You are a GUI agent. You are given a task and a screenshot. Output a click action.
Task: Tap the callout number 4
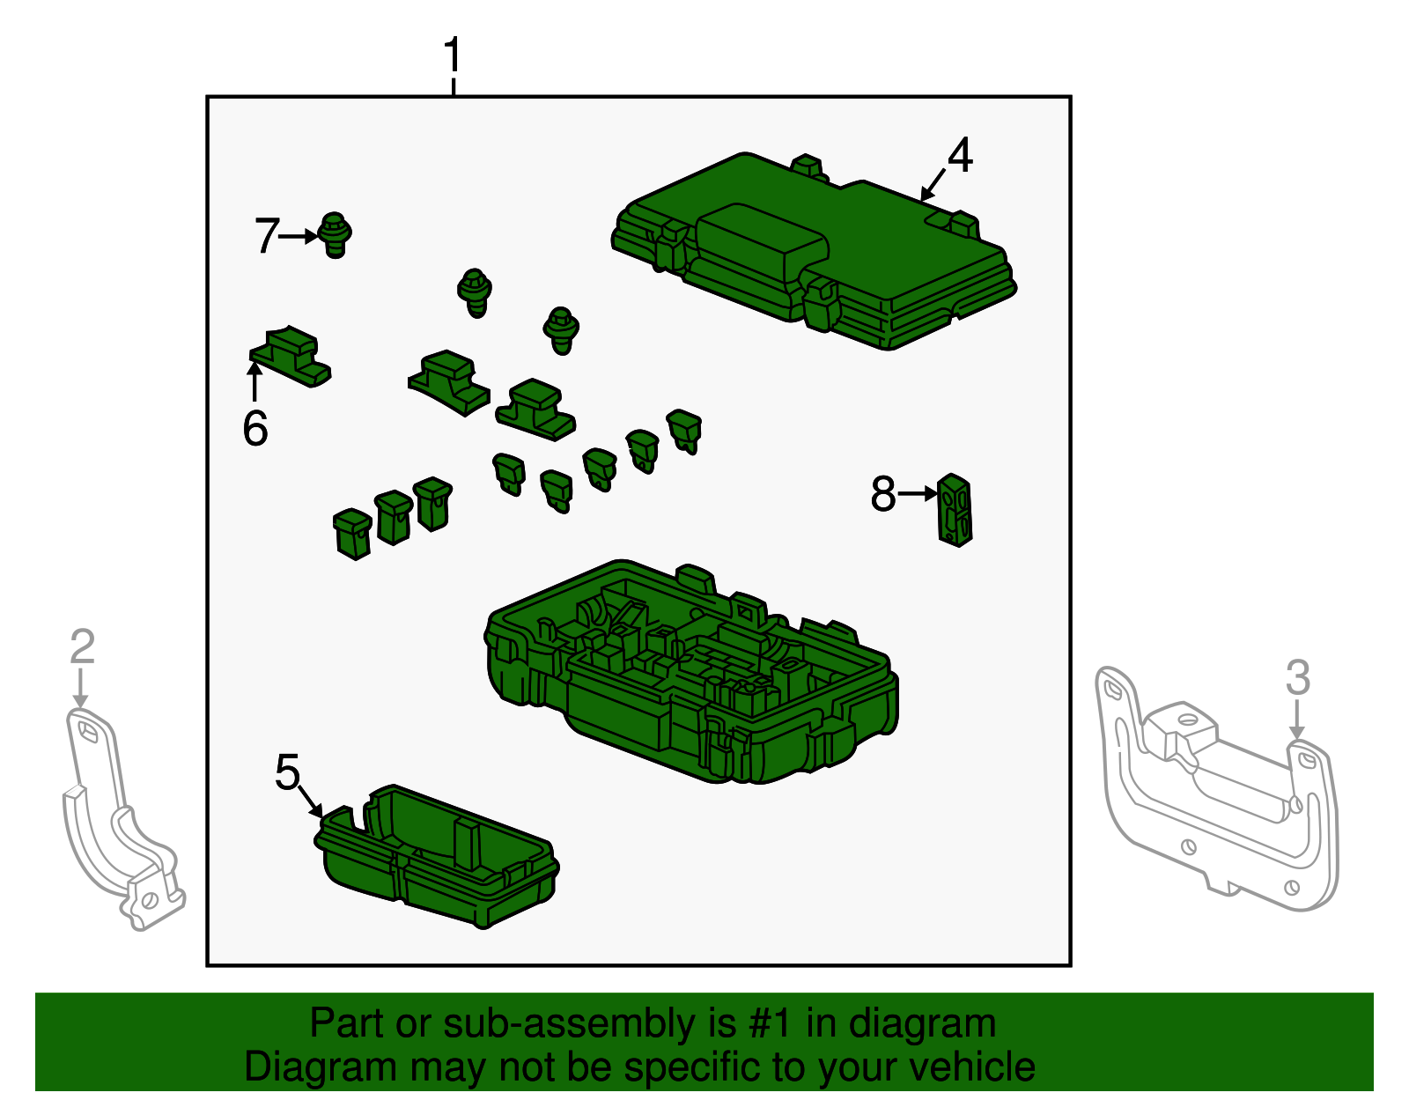coord(960,155)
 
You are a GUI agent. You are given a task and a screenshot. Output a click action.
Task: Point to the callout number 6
coord(255,427)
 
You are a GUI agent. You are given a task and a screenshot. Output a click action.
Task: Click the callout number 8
coord(883,493)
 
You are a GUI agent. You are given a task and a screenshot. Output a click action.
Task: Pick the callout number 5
coord(288,771)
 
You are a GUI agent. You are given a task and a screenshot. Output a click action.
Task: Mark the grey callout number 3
coord(1298,677)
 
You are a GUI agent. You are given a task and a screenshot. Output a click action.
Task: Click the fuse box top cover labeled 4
coord(813,252)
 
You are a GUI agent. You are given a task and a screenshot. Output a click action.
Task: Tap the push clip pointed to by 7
coord(336,234)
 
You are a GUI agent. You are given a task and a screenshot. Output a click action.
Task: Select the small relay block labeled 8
coord(955,509)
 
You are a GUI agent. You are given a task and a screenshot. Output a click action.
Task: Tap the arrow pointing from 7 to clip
coord(299,237)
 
